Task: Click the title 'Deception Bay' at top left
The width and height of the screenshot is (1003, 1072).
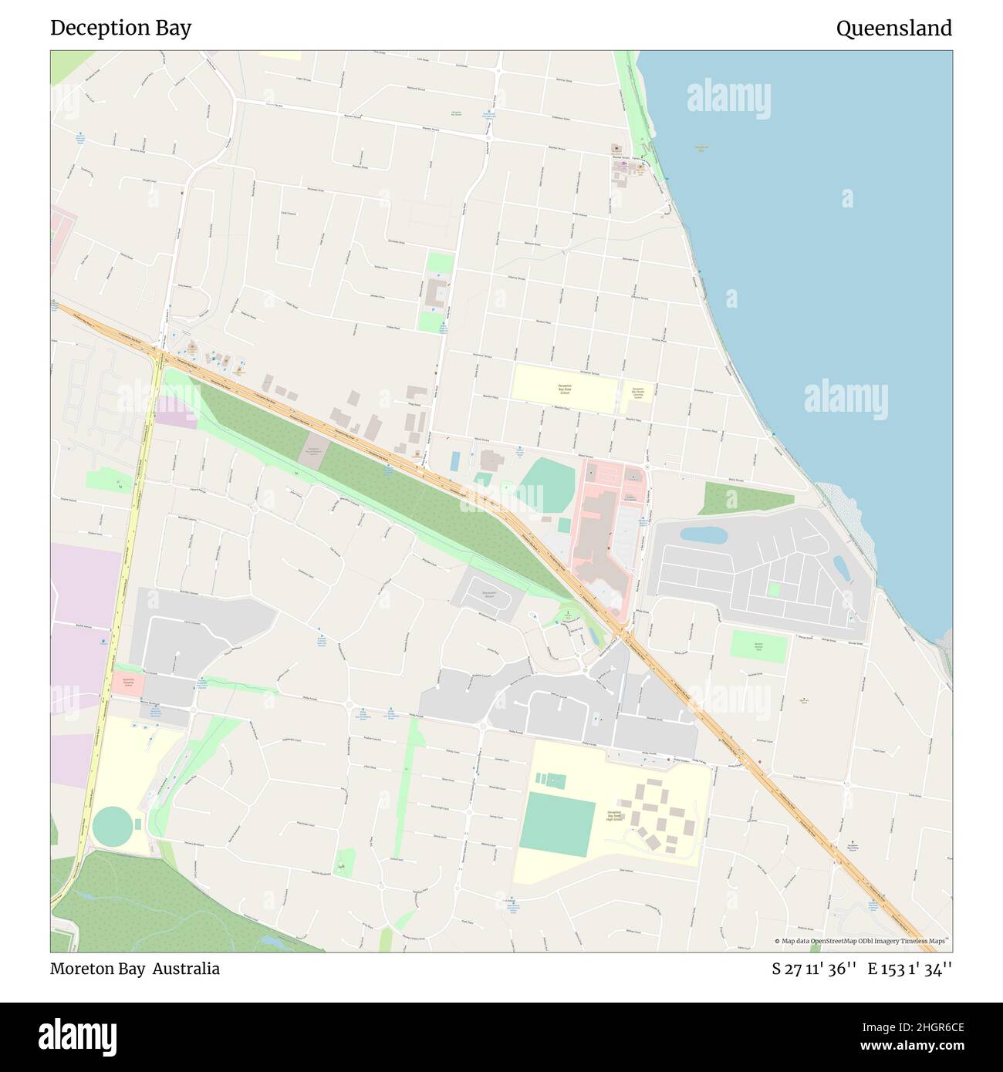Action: pos(120,29)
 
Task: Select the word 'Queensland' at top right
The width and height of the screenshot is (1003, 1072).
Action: pos(893,29)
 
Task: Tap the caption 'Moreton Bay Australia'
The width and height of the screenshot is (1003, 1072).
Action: pos(135,969)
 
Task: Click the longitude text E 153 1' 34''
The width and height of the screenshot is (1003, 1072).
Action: pos(910,969)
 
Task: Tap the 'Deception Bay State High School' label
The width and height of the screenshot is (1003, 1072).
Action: pos(614,816)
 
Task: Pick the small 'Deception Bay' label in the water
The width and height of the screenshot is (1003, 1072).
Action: pos(701,147)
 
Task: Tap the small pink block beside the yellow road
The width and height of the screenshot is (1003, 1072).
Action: pos(127,683)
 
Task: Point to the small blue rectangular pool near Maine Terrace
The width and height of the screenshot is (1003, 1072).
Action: pos(455,461)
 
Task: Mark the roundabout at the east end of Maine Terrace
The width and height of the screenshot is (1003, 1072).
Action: pos(649,467)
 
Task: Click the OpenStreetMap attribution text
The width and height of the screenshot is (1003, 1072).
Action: pos(863,941)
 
